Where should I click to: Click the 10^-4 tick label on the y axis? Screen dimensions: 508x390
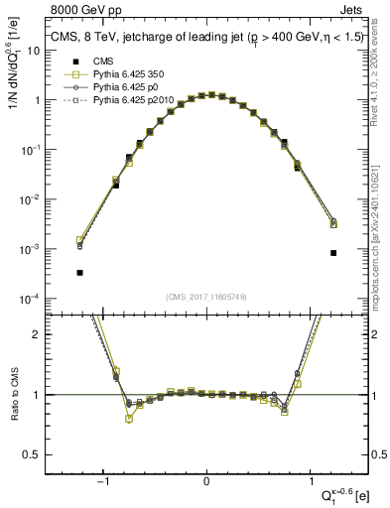(x=29, y=299)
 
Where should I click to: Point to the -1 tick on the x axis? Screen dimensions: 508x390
(x=103, y=483)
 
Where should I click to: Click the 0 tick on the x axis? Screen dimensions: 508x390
(x=206, y=483)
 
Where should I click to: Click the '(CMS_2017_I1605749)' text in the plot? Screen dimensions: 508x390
(x=206, y=297)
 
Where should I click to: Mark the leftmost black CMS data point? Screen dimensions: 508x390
(x=79, y=272)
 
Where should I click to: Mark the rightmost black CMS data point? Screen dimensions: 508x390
(x=333, y=253)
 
